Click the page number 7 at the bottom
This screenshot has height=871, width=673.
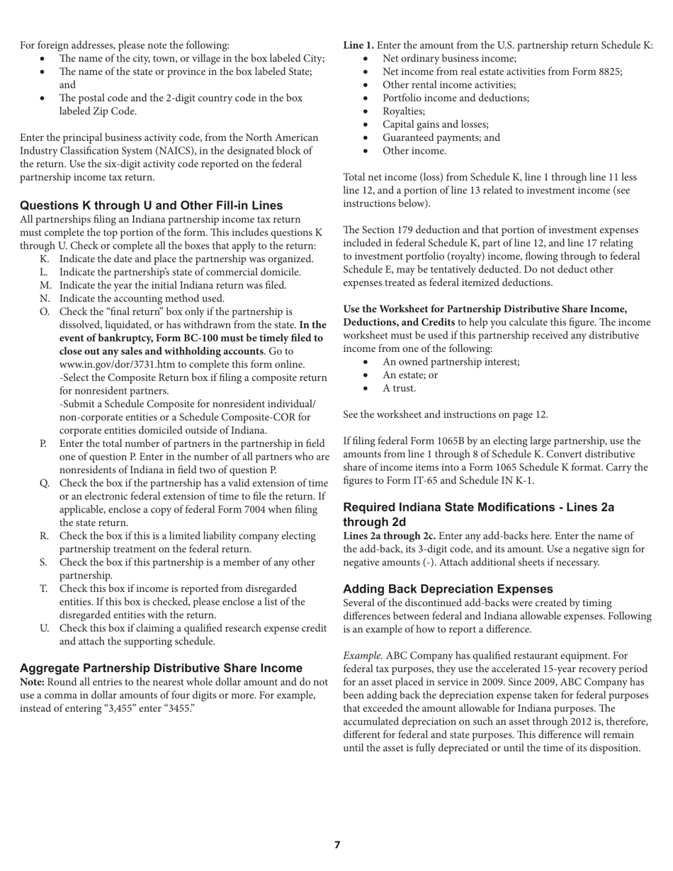tap(337, 845)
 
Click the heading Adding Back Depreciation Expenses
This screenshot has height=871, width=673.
tap(448, 589)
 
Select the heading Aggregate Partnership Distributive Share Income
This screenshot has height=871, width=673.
tap(161, 668)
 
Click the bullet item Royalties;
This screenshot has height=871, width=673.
tap(404, 111)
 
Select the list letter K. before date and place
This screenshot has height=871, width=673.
tap(45, 259)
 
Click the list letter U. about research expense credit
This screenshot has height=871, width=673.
tap(45, 628)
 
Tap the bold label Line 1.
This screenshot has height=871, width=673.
tap(358, 45)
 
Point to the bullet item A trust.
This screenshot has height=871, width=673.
tap(399, 388)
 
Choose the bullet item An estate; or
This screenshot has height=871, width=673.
tap(409, 375)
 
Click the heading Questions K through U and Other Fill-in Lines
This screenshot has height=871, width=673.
tap(151, 205)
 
